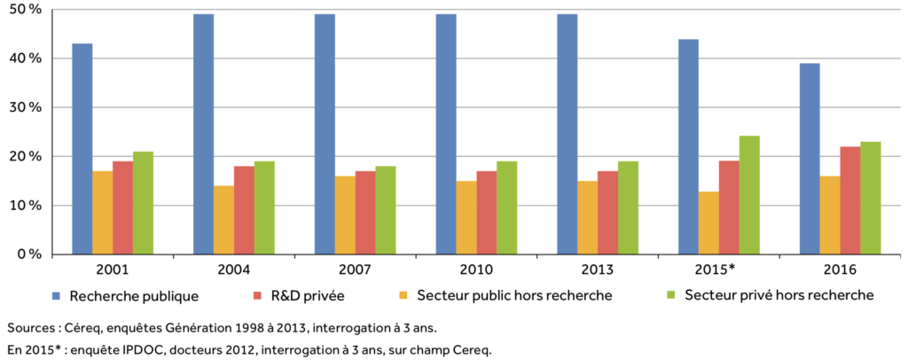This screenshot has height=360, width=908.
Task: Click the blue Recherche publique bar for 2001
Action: [x=82, y=149]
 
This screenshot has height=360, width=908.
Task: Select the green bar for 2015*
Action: [x=749, y=195]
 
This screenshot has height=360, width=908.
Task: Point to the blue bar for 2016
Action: [x=810, y=159]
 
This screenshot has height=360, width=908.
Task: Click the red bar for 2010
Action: [x=487, y=213]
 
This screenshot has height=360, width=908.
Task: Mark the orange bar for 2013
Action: [x=587, y=217]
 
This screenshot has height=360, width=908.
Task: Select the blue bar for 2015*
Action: [x=688, y=146]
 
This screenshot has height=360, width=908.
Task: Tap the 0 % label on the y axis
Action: [x=30, y=254]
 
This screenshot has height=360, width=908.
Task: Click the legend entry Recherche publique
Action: [x=133, y=294]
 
